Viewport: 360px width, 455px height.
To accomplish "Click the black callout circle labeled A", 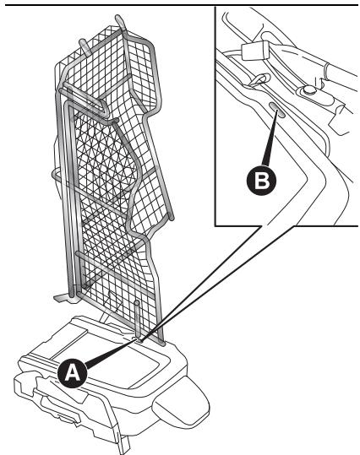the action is click(x=73, y=373).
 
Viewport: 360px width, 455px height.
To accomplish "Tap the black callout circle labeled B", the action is click(x=261, y=181).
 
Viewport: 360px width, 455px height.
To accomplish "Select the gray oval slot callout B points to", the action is click(x=277, y=110).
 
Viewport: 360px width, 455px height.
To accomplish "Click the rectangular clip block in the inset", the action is click(x=255, y=50).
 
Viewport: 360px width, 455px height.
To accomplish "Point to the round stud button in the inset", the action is click(x=309, y=90).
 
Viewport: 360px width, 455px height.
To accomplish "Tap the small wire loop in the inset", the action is click(x=259, y=80).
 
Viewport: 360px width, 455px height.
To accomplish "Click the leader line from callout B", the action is click(x=270, y=138).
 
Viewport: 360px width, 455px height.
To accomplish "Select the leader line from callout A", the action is click(x=111, y=352).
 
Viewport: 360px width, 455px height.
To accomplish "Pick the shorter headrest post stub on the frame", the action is click(x=84, y=47).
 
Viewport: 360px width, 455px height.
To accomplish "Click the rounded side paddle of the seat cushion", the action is click(x=181, y=405).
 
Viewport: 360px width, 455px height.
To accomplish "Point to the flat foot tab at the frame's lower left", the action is click(x=62, y=298).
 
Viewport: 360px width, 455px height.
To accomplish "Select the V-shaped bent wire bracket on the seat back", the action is click(x=85, y=98).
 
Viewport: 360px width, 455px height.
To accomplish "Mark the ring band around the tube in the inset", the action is click(x=329, y=71).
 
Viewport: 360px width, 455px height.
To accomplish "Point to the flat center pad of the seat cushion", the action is click(x=125, y=359).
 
